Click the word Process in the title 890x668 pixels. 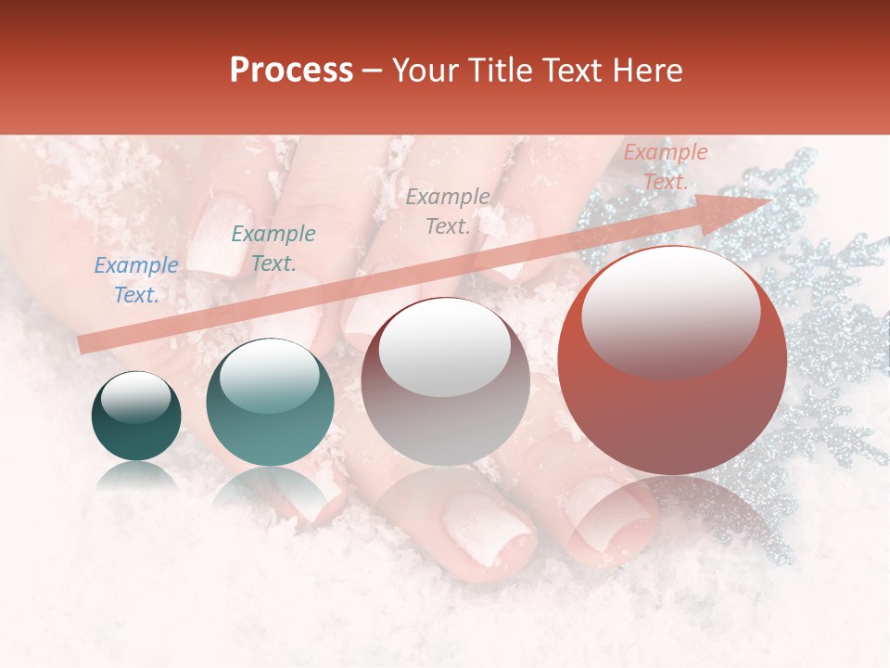point(291,71)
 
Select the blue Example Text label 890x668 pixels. point(136,280)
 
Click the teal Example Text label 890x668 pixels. point(273,249)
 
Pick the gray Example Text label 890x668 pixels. point(448,212)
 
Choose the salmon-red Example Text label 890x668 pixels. point(665,167)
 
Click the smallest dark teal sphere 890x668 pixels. point(136,416)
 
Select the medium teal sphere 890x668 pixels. point(269,402)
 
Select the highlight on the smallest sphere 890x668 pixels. point(135,400)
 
